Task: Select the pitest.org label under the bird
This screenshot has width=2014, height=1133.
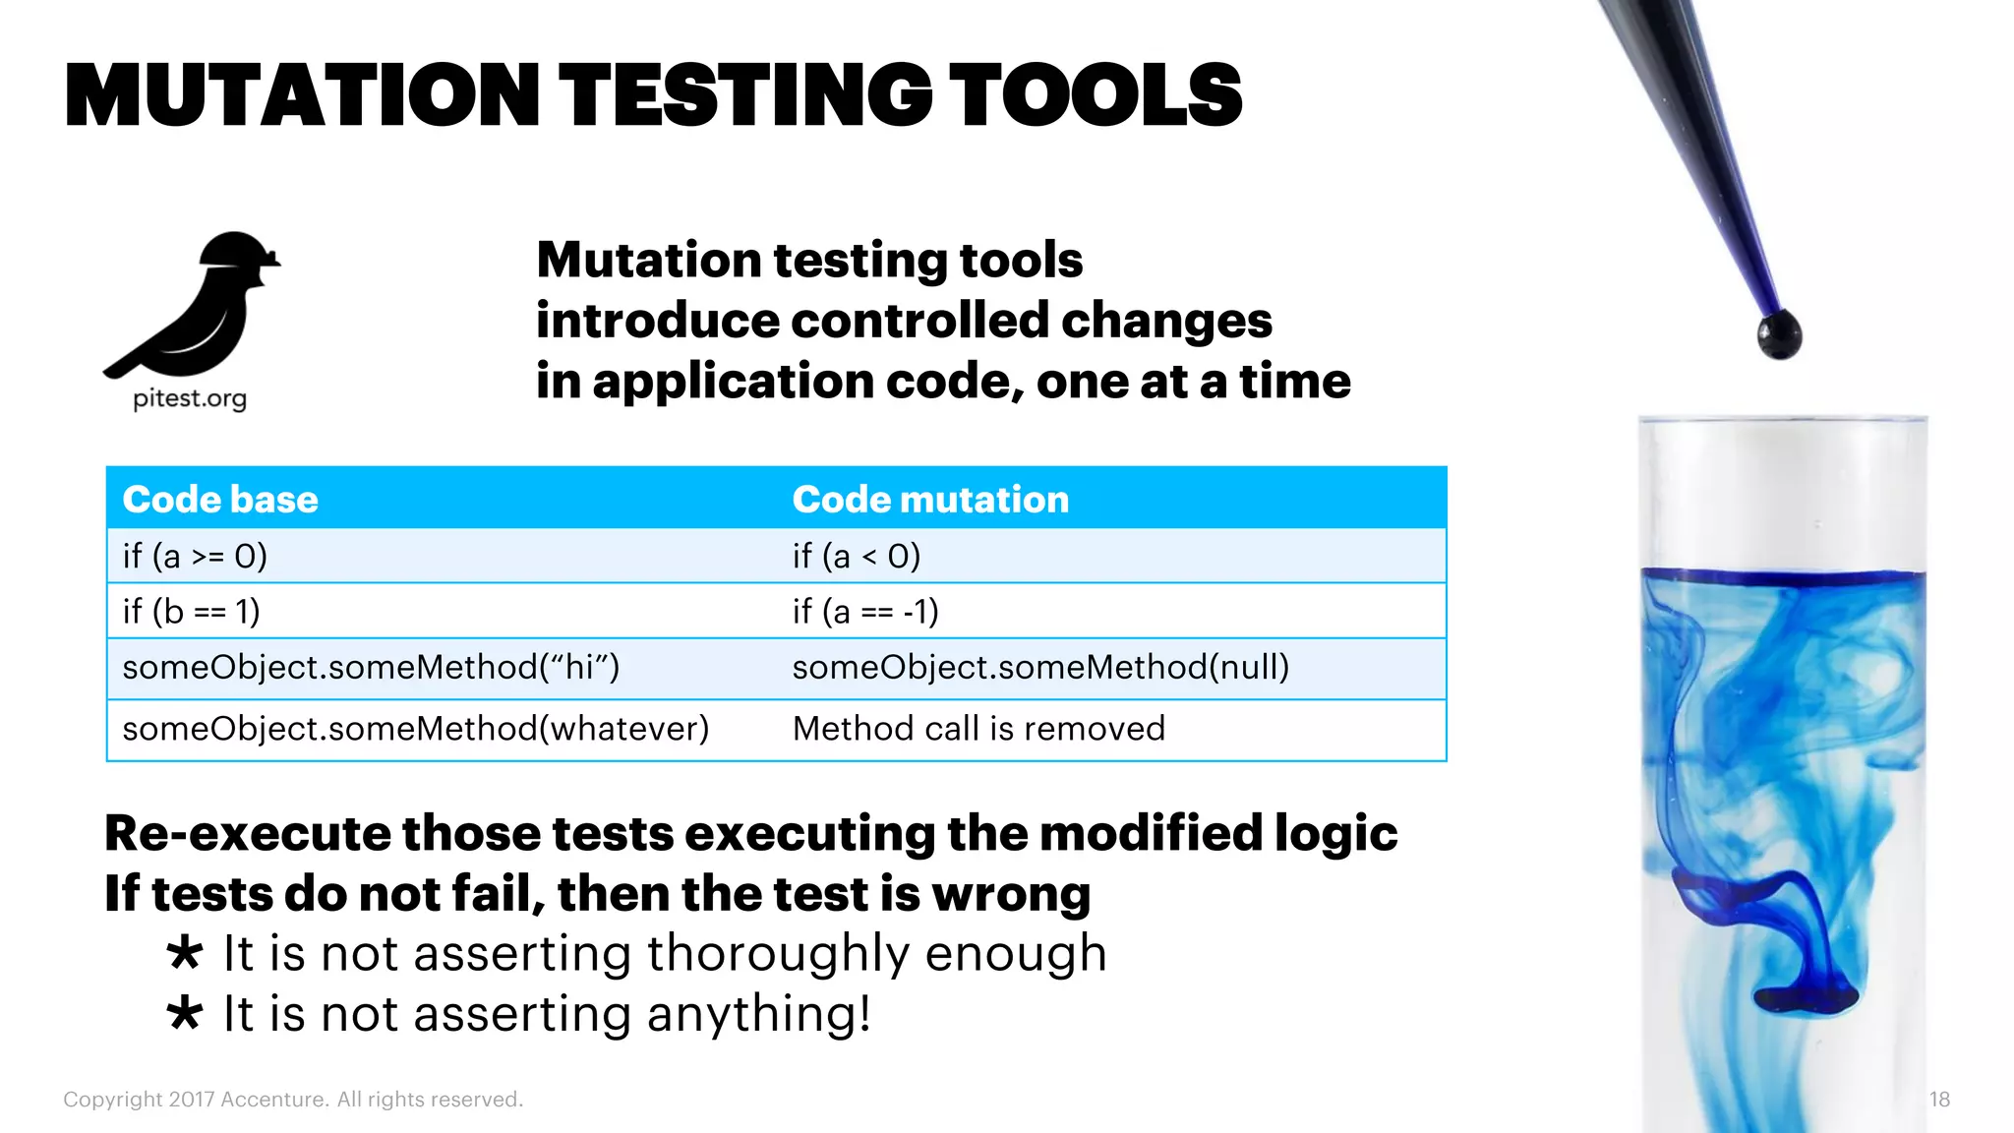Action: tap(190, 398)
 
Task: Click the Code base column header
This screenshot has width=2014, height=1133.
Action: tap(220, 500)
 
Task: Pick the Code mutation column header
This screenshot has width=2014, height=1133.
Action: tap(930, 500)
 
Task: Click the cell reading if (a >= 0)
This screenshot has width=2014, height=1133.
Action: tap(195, 557)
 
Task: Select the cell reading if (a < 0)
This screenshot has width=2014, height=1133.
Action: tap(857, 557)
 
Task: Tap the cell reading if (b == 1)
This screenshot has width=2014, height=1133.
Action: tap(191, 612)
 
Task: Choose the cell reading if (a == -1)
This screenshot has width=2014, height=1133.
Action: tap(865, 612)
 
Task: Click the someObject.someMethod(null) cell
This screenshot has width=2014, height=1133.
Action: tap(1040, 668)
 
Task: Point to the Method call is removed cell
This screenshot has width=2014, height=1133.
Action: tap(978, 729)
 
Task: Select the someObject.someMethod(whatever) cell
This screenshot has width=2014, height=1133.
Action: tap(415, 729)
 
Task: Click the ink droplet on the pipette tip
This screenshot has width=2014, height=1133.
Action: tap(1779, 334)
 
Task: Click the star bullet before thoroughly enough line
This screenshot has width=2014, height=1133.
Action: tap(184, 953)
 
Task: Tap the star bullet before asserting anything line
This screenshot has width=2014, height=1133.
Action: tap(184, 1013)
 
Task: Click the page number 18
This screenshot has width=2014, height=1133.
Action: tap(1939, 1100)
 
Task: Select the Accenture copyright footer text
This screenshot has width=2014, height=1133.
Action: tap(293, 1100)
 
